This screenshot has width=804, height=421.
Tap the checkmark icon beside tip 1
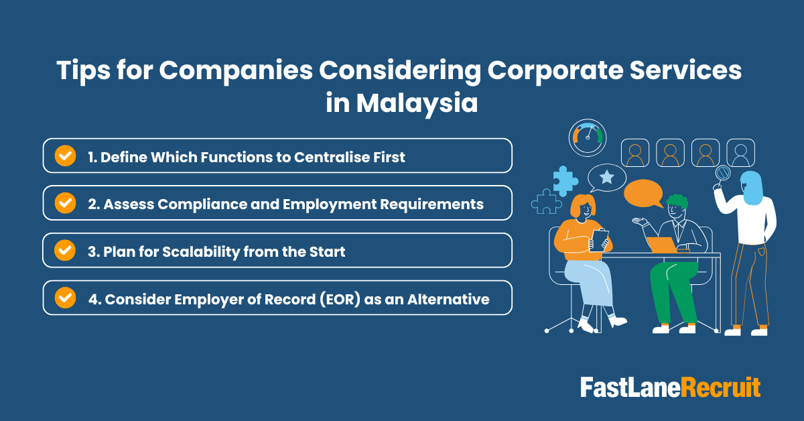[x=65, y=156]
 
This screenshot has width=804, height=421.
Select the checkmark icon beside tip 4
[x=65, y=298]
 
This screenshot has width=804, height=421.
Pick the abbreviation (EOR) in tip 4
[x=330, y=298]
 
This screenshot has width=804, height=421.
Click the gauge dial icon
[x=587, y=137]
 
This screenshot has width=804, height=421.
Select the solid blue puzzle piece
[x=565, y=180]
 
